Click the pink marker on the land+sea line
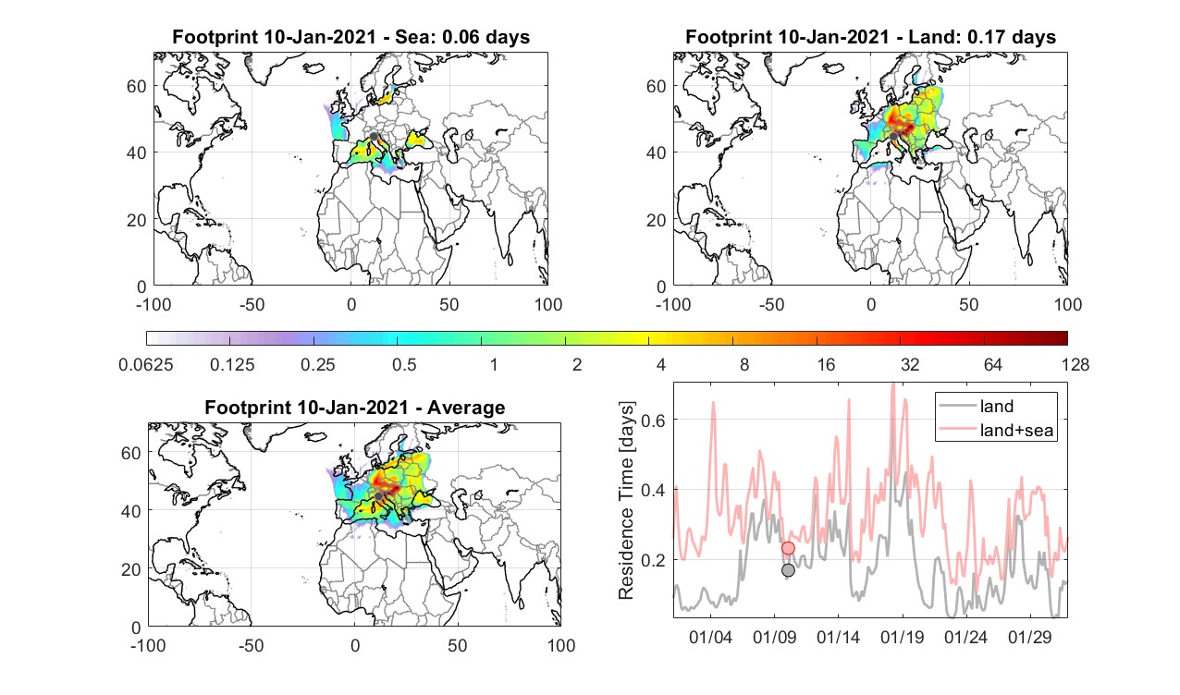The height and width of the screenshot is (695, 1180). (x=788, y=548)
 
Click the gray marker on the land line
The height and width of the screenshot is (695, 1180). (x=788, y=570)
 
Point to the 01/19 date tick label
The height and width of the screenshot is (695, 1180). (x=903, y=637)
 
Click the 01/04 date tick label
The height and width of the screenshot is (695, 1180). (x=710, y=637)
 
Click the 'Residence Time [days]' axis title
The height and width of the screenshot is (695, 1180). (x=626, y=501)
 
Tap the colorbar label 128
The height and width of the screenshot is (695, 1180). (x=1076, y=364)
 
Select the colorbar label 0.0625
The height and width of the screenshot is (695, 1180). (x=146, y=364)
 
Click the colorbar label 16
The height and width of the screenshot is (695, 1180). (x=826, y=364)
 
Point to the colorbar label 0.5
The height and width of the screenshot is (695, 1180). (x=404, y=364)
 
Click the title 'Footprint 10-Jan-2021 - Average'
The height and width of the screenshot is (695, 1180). (x=355, y=408)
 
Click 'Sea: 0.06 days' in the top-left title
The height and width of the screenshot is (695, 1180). (x=462, y=37)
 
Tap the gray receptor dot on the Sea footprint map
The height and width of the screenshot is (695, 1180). (x=374, y=137)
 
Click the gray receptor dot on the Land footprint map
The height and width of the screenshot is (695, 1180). (x=893, y=137)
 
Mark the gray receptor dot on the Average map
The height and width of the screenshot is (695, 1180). (x=378, y=496)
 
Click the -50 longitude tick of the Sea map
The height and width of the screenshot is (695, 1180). (x=252, y=304)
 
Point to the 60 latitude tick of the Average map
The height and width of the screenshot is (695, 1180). (x=130, y=454)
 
